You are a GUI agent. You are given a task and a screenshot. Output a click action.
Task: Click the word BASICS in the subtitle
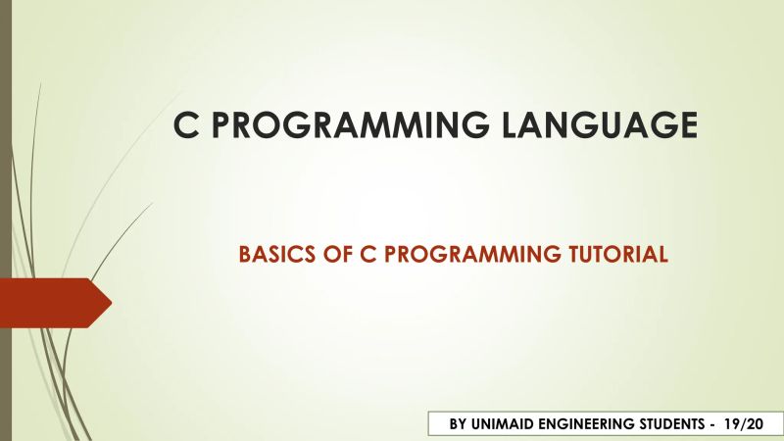[269, 255]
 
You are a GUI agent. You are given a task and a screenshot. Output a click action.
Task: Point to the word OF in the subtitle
[321, 255]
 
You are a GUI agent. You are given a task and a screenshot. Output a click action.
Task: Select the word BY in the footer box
[459, 424]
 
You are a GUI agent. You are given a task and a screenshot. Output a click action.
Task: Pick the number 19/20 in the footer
[744, 424]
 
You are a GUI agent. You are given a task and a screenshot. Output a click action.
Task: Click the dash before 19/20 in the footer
[715, 424]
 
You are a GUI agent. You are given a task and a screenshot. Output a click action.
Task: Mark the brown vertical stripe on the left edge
[5, 220]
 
